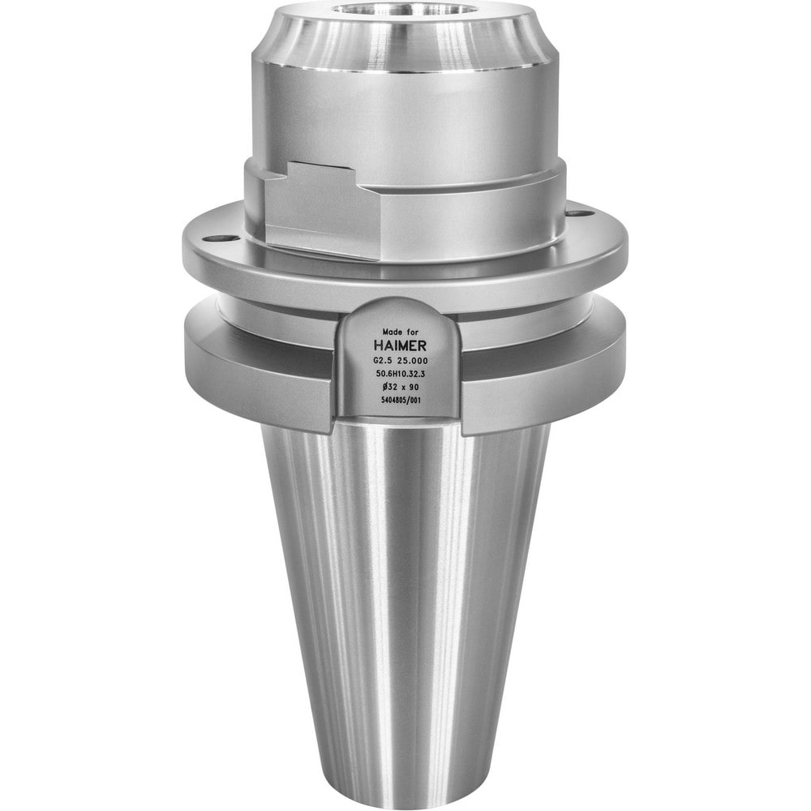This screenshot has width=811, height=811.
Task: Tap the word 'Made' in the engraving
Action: click(x=392, y=332)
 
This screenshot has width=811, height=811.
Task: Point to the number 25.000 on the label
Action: click(x=414, y=360)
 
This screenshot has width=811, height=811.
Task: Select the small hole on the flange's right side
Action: click(x=576, y=213)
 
